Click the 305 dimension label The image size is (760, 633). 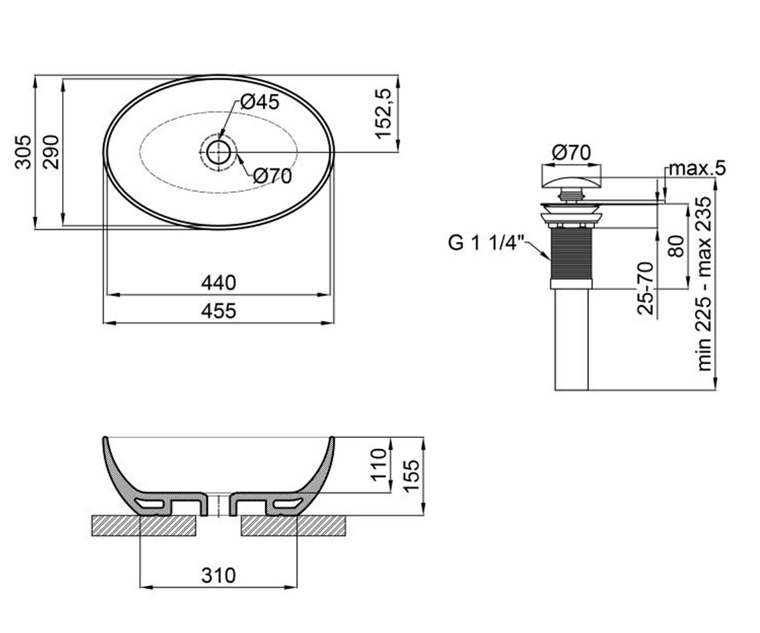tap(23, 152)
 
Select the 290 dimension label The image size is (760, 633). tap(51, 152)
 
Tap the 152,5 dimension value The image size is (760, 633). tap(383, 113)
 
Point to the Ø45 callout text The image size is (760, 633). tap(260, 102)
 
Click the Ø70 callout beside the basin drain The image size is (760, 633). tap(272, 177)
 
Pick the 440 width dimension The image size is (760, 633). tap(218, 283)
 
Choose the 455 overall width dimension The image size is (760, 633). tap(218, 311)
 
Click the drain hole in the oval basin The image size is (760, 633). tap(218, 152)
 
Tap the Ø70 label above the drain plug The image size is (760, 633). tap(571, 153)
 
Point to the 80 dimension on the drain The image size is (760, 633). tap(676, 246)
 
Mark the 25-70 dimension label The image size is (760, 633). tap(646, 288)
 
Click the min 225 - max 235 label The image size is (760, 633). tap(704, 284)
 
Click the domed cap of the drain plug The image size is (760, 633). tap(571, 182)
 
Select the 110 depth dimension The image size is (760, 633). tap(379, 465)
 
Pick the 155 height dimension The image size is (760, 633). tap(412, 476)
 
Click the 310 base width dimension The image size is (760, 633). tap(218, 576)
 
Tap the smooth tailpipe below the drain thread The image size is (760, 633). tap(571, 340)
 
